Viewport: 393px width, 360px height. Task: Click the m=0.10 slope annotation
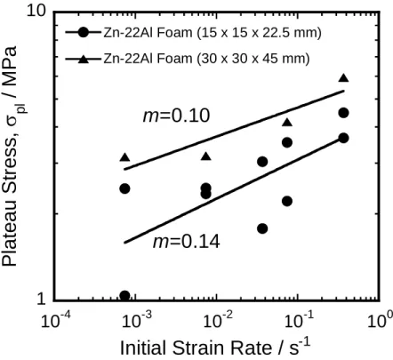(x=176, y=116)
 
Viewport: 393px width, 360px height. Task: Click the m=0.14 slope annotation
(x=186, y=242)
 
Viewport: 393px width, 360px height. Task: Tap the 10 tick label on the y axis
(x=36, y=11)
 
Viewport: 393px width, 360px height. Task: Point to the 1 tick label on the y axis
(x=42, y=299)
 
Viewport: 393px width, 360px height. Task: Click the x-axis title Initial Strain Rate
(x=215, y=347)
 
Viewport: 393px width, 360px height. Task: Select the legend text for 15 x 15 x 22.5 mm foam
(x=213, y=32)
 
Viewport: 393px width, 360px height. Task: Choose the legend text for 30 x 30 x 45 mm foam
(x=206, y=59)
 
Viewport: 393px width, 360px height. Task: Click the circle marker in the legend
(x=84, y=32)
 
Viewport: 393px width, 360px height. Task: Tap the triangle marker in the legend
(x=84, y=59)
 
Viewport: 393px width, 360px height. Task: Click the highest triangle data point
(x=343, y=77)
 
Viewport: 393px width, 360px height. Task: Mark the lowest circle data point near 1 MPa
(x=124, y=296)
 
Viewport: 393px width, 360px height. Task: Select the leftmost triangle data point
(x=124, y=157)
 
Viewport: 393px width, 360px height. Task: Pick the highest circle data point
(x=343, y=113)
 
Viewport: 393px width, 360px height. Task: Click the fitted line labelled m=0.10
(x=234, y=130)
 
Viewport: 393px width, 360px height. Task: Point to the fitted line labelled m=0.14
(x=234, y=190)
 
